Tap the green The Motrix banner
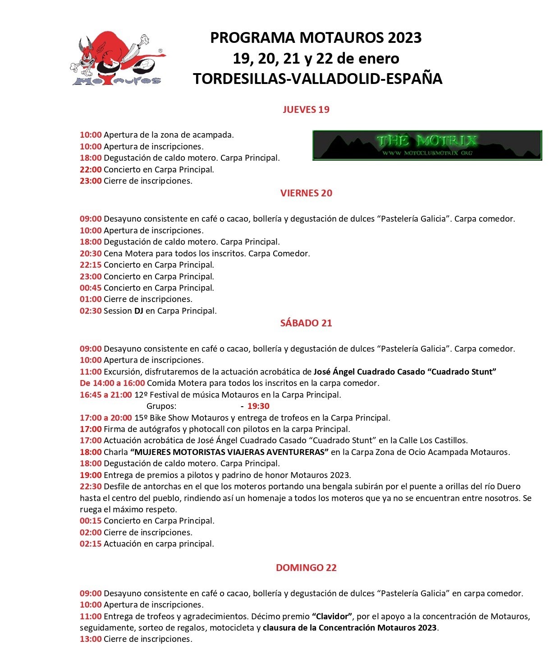427,145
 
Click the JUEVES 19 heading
306,110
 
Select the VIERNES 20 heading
306,193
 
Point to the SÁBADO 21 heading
306,323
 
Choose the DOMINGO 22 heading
306,568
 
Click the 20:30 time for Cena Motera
91,254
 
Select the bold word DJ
139,311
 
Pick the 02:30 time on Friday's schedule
91,311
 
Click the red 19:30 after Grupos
258,406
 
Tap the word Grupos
161,406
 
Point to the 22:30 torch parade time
91,487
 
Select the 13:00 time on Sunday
91,639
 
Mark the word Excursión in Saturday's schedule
122,372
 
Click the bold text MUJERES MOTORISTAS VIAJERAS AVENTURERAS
229,452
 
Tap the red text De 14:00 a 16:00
112,383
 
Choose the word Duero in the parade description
509,487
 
